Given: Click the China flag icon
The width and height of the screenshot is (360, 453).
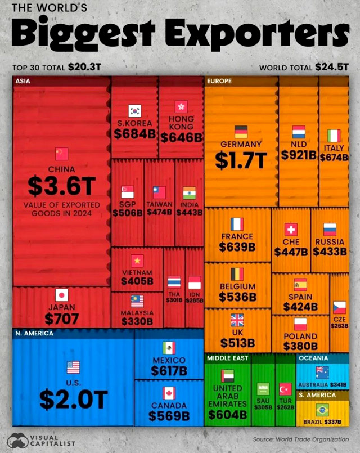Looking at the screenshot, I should pyautogui.click(x=61, y=154).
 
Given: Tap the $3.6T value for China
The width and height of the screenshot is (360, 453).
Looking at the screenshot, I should pyautogui.click(x=61, y=185).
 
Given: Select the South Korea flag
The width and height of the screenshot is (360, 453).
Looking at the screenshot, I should pyautogui.click(x=134, y=110).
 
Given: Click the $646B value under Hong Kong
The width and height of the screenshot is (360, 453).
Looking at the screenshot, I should pyautogui.click(x=181, y=137).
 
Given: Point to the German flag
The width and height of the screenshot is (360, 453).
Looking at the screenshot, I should pyautogui.click(x=241, y=132).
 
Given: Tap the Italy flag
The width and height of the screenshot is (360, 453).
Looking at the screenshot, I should pyautogui.click(x=334, y=136).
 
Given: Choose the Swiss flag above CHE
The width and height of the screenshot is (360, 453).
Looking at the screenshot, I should pyautogui.click(x=291, y=229).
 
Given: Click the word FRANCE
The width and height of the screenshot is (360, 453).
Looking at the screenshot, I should pyautogui.click(x=237, y=236).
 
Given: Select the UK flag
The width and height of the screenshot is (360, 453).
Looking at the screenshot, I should pyautogui.click(x=237, y=320).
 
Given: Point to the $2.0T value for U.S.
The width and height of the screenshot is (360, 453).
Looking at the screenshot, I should pyautogui.click(x=73, y=398).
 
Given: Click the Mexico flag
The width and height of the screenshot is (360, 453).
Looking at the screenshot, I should pyautogui.click(x=169, y=348).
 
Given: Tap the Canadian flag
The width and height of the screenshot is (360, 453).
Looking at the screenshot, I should pyautogui.click(x=169, y=393).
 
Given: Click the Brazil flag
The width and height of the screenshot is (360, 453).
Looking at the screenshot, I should pyautogui.click(x=323, y=409).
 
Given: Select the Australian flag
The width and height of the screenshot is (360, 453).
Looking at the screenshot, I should pyautogui.click(x=323, y=371).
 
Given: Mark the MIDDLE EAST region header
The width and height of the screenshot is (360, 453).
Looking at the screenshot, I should pyautogui.click(x=227, y=358).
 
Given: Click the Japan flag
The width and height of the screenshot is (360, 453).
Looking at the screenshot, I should pyautogui.click(x=61, y=294).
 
